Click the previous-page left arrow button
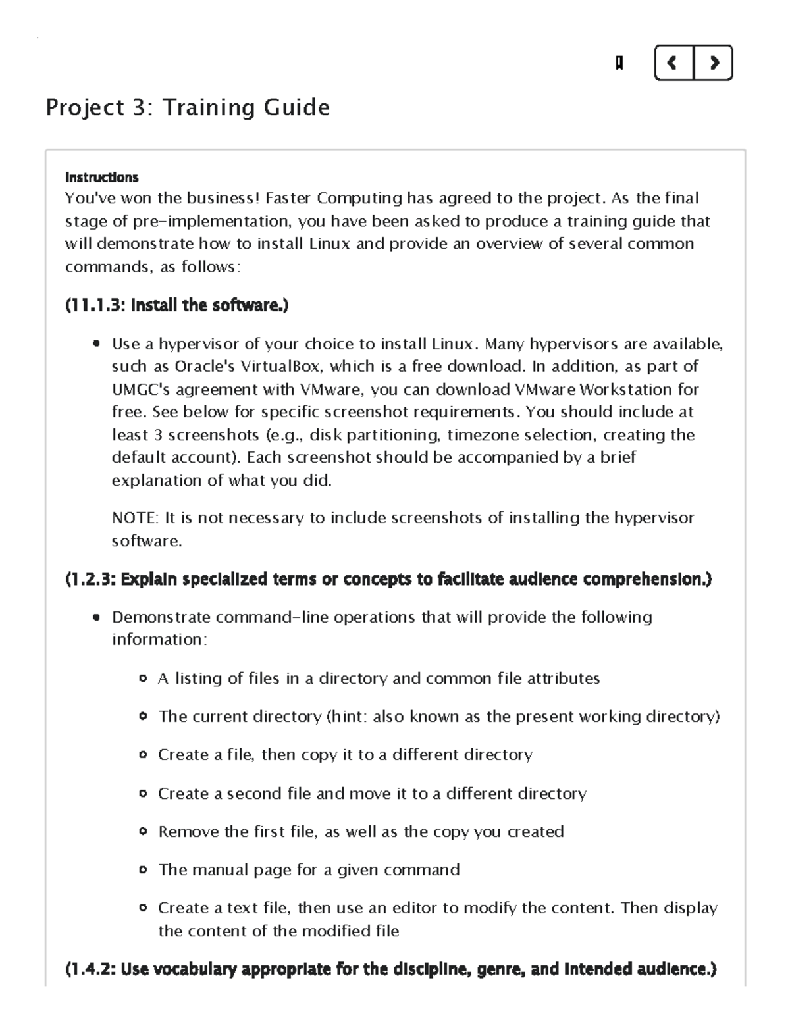click(x=673, y=63)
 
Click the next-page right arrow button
click(x=714, y=63)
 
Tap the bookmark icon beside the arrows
click(x=619, y=63)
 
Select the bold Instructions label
click(x=101, y=178)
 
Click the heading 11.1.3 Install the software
click(x=176, y=305)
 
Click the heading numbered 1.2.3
click(x=388, y=580)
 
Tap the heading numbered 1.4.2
click(x=390, y=969)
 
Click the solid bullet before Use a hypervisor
click(x=97, y=344)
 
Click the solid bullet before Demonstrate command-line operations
click(x=97, y=618)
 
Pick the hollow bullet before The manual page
click(x=143, y=870)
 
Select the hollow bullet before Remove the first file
click(x=143, y=832)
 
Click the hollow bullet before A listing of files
click(x=143, y=678)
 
